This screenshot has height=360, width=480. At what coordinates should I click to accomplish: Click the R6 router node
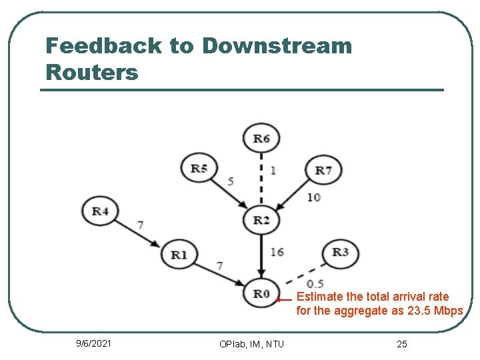[262, 139]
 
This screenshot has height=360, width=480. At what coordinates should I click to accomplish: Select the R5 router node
[199, 168]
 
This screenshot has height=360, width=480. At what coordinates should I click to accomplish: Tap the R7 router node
[323, 171]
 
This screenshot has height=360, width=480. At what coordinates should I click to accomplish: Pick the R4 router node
[100, 211]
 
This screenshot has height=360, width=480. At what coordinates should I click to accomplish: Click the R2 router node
[261, 220]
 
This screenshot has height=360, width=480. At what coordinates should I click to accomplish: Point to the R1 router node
[179, 254]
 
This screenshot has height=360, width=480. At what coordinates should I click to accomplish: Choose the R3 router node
[340, 252]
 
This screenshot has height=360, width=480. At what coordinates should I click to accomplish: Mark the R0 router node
[261, 293]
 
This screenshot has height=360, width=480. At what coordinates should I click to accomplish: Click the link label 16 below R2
[277, 252]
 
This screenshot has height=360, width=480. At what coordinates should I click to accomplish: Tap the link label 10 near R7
[313, 197]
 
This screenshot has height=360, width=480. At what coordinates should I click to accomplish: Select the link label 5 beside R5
[230, 181]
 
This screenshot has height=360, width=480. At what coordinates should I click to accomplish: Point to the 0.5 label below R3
[315, 284]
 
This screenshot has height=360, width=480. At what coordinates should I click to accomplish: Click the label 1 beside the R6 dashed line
[273, 171]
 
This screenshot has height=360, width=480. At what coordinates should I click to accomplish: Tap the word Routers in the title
[92, 72]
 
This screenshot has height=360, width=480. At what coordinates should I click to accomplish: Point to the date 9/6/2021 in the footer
[94, 343]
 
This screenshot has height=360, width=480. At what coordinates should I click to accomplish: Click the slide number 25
[401, 344]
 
